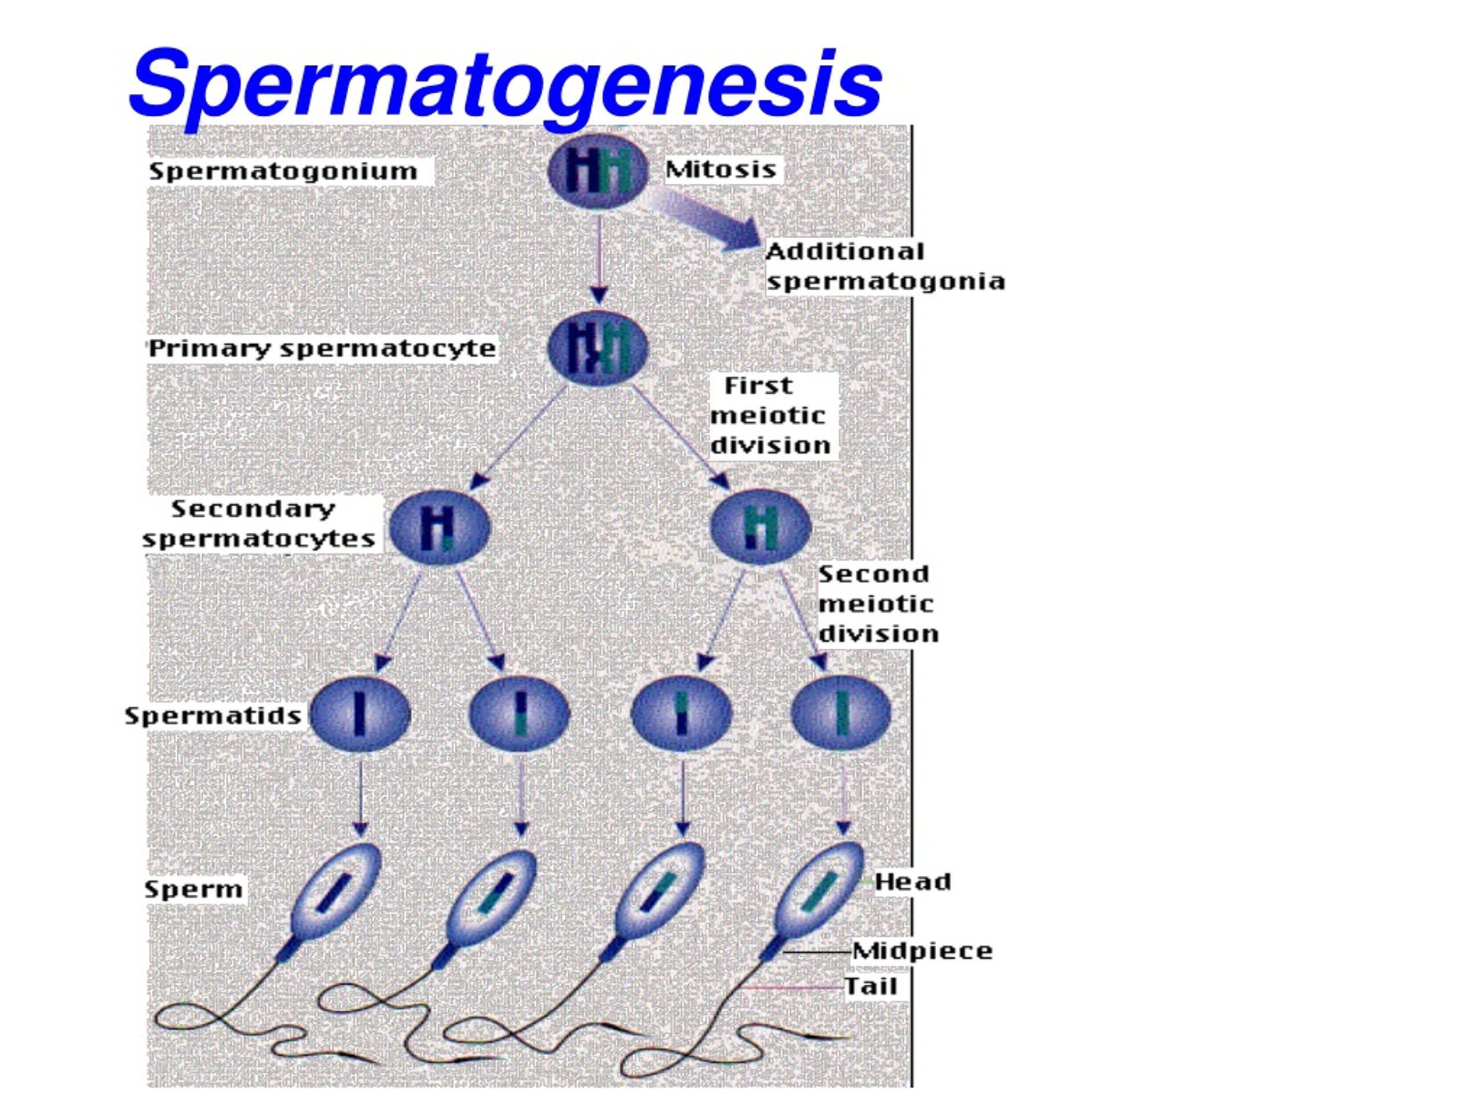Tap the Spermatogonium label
tap(283, 171)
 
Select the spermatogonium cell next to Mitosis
tap(598, 171)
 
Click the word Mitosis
tap(721, 169)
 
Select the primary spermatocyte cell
tap(598, 349)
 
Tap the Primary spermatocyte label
tap(322, 349)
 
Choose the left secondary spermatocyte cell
tap(439, 528)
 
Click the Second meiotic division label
tap(877, 604)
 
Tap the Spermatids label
tap(213, 716)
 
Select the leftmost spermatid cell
tap(360, 714)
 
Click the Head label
tap(912, 882)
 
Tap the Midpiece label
tap(922, 951)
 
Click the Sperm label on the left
tap(193, 890)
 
